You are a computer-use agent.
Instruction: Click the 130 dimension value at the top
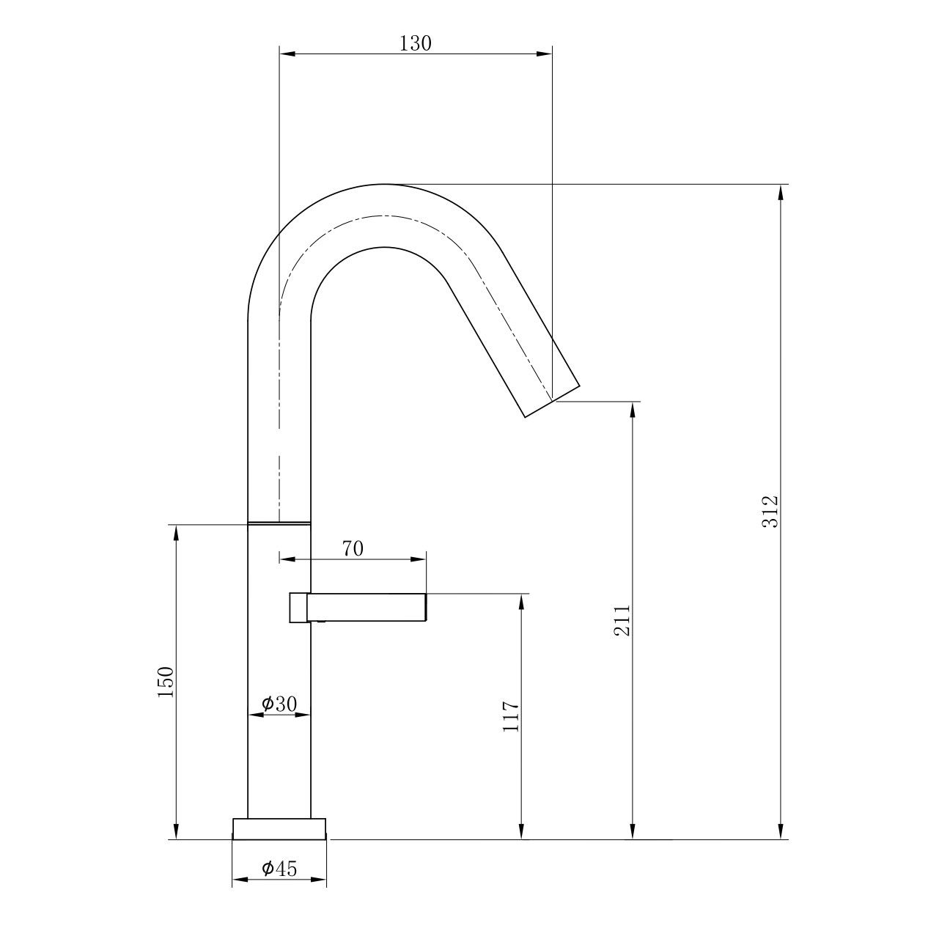(x=416, y=43)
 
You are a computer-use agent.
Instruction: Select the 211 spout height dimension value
(x=622, y=620)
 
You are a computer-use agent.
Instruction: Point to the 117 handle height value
(x=511, y=716)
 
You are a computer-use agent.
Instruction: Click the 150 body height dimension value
(x=165, y=682)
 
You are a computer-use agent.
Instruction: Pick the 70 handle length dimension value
(x=353, y=549)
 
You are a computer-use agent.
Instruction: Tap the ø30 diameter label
(x=279, y=704)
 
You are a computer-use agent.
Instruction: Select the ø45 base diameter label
(x=279, y=868)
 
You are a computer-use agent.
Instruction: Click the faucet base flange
(x=279, y=829)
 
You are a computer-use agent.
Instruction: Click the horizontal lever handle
(x=367, y=608)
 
